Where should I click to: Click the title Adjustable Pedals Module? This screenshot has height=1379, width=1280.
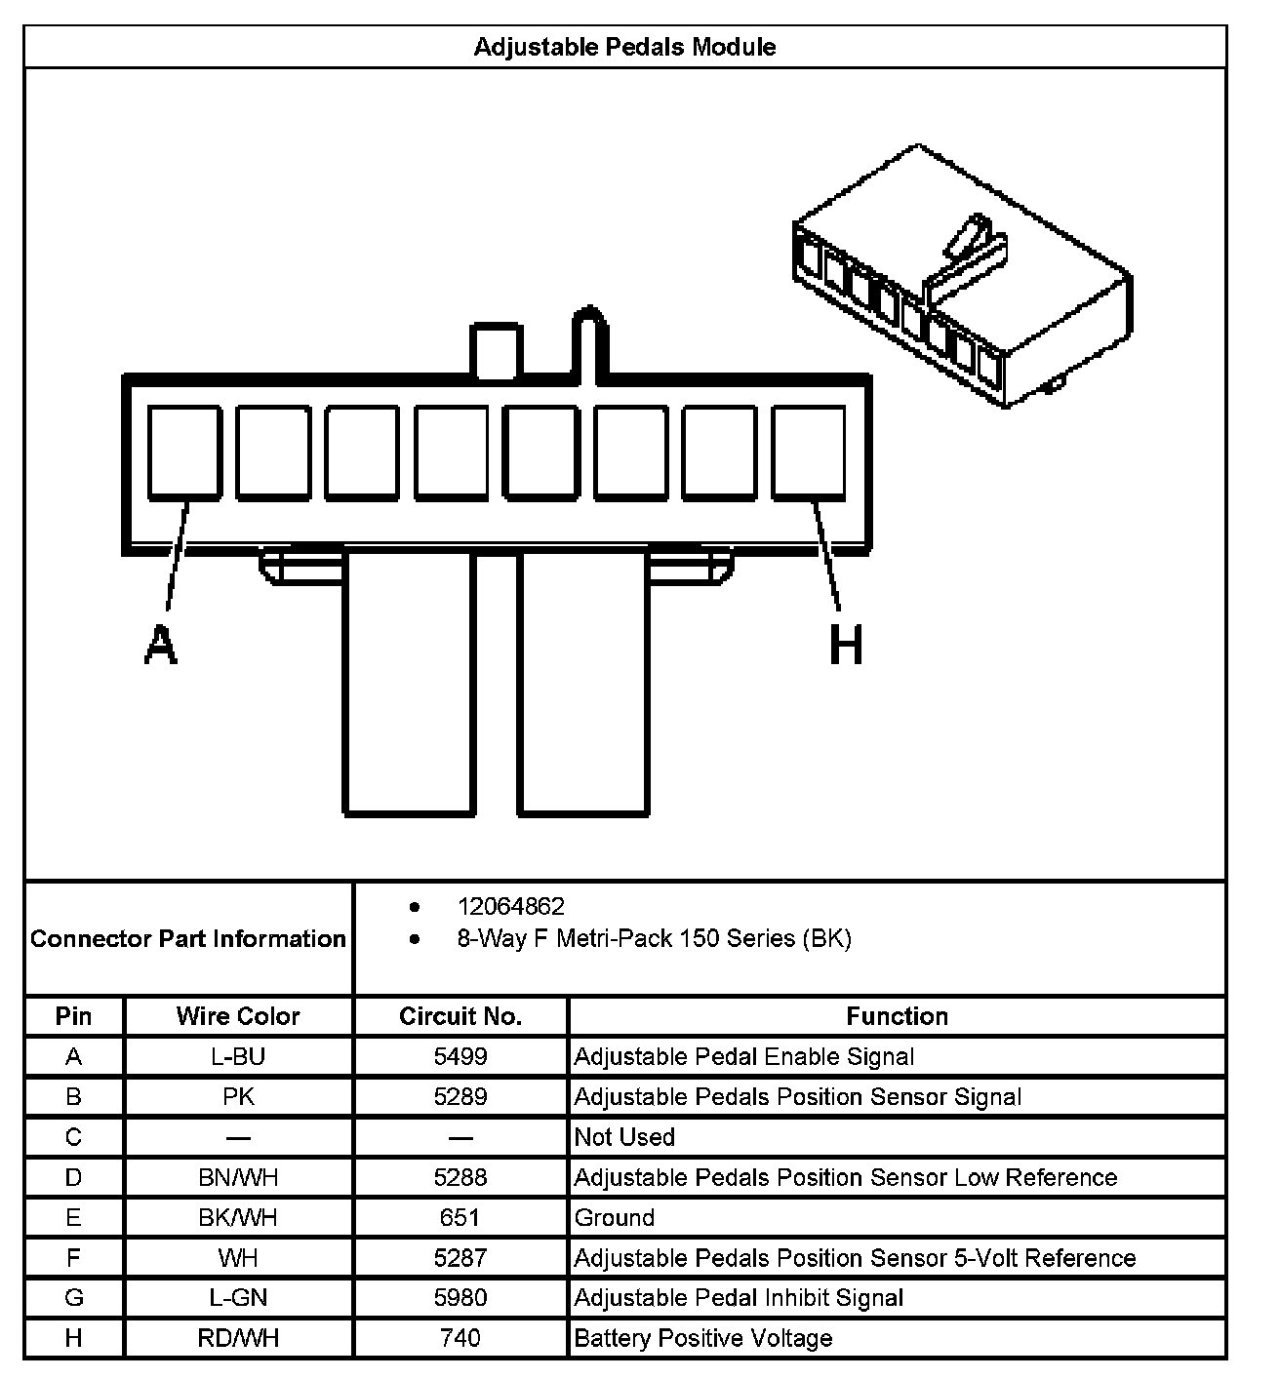tap(624, 47)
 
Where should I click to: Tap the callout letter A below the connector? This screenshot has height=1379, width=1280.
tap(161, 645)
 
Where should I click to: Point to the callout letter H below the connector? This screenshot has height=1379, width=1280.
tap(846, 645)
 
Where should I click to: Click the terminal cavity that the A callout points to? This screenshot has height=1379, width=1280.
tap(184, 453)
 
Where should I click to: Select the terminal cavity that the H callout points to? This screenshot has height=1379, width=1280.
tap(808, 453)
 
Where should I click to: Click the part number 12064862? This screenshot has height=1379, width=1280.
tap(510, 907)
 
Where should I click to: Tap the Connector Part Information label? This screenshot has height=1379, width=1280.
tap(188, 939)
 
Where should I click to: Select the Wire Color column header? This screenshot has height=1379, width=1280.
tap(238, 1016)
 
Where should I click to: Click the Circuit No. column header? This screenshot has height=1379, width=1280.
tap(460, 1016)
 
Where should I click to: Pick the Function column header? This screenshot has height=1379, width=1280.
tap(897, 1016)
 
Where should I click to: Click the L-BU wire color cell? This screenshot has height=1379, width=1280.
tap(238, 1056)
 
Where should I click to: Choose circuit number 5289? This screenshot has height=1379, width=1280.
tap(460, 1096)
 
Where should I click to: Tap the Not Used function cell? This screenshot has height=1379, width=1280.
tap(624, 1137)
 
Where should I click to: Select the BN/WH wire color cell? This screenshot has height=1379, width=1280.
tap(238, 1177)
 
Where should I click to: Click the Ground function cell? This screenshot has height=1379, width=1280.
tap(615, 1217)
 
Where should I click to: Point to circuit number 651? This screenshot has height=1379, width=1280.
tap(460, 1217)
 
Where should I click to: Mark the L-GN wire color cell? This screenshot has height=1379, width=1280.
tap(238, 1298)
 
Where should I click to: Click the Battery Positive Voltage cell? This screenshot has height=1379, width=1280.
tap(703, 1338)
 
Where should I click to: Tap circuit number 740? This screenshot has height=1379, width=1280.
tap(460, 1338)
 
